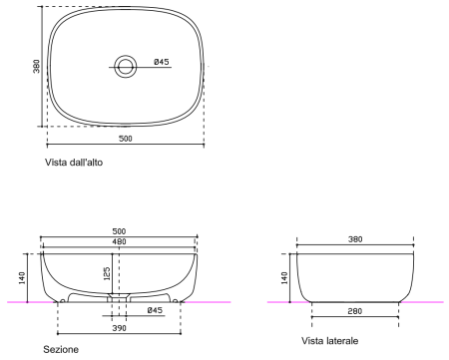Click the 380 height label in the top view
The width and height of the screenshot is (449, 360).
[37, 66]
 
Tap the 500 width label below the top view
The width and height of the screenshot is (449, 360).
[126, 139]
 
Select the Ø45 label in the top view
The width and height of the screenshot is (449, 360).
[162, 62]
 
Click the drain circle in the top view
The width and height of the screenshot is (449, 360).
[126, 67]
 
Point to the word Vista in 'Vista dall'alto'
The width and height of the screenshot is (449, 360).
[56, 163]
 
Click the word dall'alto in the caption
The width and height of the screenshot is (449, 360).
[86, 163]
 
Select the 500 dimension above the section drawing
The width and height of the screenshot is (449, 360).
[119, 231]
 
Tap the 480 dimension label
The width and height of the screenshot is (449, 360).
[119, 241]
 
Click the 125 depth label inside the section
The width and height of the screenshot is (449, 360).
[107, 273]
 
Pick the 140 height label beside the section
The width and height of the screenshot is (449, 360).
[22, 278]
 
